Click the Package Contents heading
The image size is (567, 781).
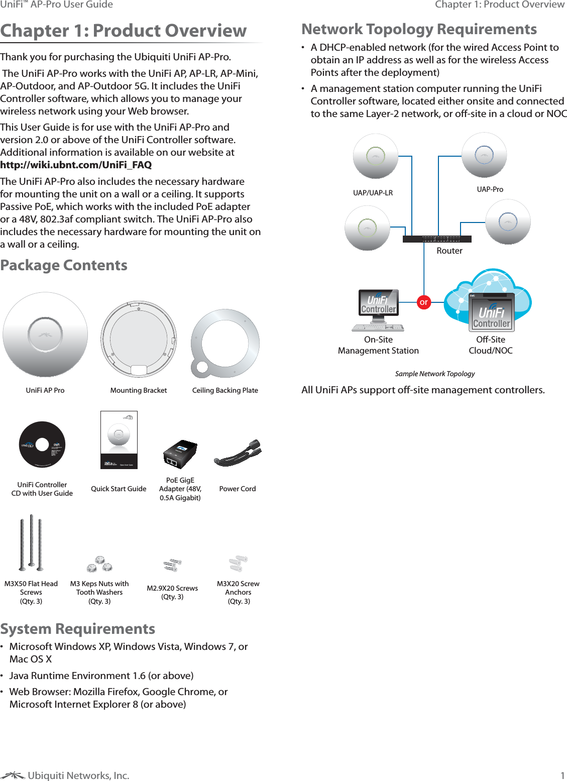64,265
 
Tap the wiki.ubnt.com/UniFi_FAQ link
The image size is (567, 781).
76,165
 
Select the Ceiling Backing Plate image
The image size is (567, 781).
225,344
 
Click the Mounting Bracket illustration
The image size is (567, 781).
139,339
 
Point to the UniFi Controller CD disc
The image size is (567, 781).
42,444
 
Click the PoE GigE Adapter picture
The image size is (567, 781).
180,454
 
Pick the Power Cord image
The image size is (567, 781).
238,454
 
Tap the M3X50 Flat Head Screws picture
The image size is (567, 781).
31,543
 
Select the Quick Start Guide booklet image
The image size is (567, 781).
119,440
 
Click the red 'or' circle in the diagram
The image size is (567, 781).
424,302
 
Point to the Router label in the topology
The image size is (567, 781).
449,251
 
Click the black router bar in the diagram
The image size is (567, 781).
437,239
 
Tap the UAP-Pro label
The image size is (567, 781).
490,189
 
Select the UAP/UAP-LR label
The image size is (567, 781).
373,193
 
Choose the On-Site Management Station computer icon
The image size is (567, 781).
379,310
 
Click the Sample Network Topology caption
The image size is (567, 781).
434,374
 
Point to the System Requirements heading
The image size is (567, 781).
78,629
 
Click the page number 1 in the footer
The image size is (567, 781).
562,775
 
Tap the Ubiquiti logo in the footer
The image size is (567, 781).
13,775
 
